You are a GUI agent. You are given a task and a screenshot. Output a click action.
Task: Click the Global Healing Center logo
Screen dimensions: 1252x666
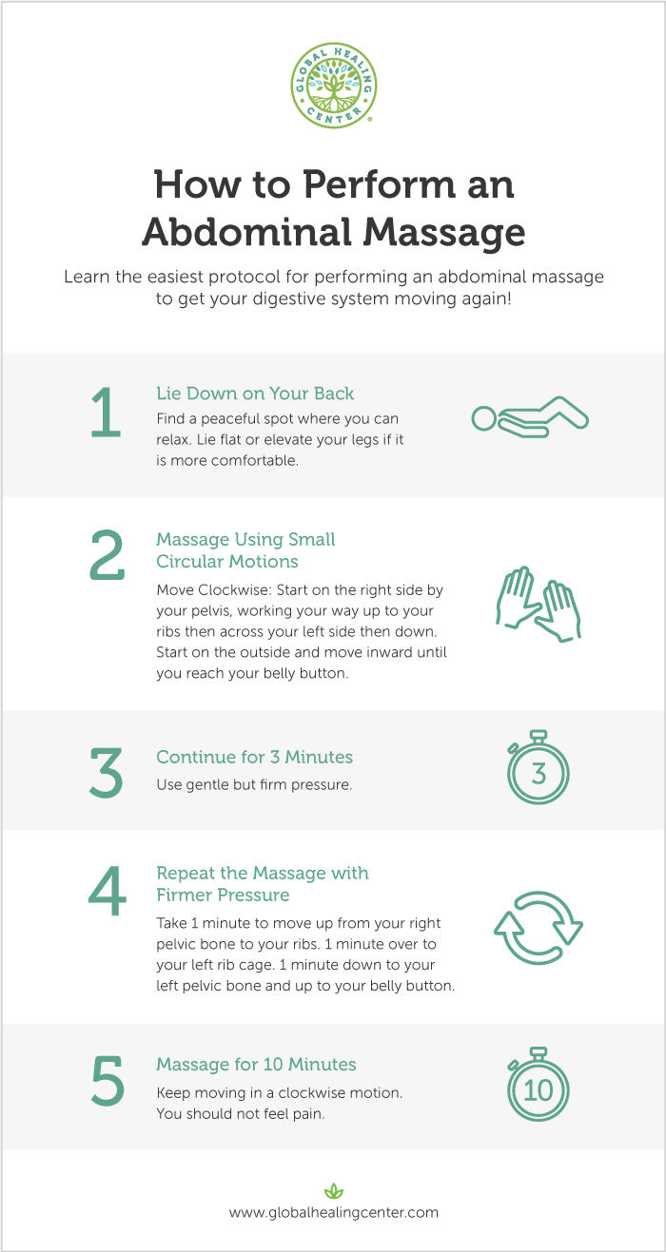click(x=333, y=83)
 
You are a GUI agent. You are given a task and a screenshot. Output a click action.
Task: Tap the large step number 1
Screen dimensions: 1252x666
click(x=106, y=414)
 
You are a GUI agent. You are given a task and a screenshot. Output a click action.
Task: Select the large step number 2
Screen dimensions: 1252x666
click(x=107, y=556)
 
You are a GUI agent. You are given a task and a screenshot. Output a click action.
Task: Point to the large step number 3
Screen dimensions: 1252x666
click(x=106, y=773)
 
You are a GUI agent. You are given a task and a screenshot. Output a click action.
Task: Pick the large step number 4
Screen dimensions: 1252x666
click(x=107, y=891)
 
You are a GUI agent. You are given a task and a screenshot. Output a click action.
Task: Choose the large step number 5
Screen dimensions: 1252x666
click(x=107, y=1081)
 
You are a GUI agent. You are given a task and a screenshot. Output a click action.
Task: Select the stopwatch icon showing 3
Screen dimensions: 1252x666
click(x=539, y=770)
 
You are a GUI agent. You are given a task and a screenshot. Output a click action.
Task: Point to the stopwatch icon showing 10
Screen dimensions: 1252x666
click(x=539, y=1085)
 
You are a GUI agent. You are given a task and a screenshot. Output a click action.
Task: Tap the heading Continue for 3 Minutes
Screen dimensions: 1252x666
click(x=254, y=758)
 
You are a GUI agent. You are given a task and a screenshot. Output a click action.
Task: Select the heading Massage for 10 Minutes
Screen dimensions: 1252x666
click(x=256, y=1065)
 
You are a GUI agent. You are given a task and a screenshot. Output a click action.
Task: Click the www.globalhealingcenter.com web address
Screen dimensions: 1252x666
click(x=333, y=1212)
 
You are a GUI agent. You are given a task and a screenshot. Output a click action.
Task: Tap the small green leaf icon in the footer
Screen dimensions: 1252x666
click(x=333, y=1190)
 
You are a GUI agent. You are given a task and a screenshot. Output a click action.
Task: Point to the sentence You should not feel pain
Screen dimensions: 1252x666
click(x=241, y=1113)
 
